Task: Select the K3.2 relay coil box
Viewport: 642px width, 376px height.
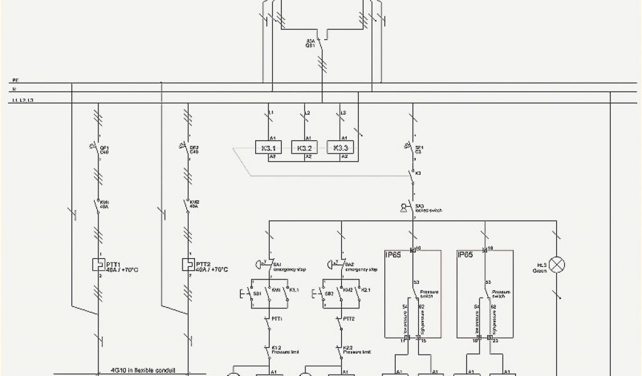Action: (304, 148)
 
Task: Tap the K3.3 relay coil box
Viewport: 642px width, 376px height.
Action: (340, 148)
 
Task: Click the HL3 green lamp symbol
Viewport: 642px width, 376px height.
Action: (556, 264)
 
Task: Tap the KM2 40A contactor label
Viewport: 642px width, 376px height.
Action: (194, 204)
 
